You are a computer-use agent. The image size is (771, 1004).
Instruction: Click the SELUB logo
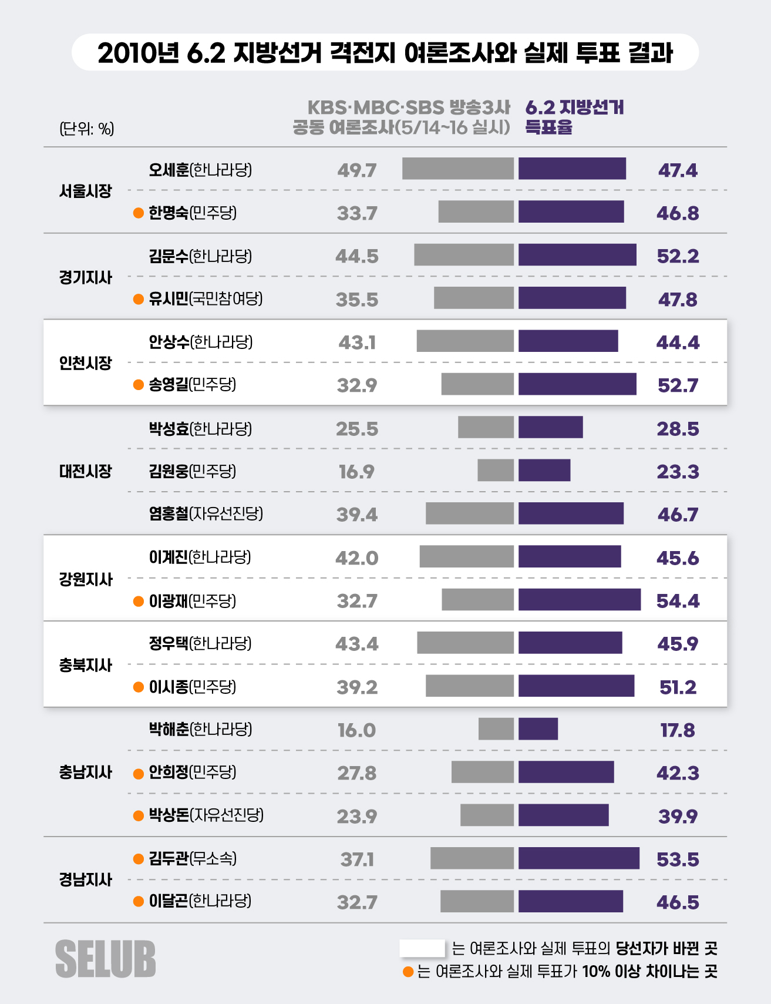[106, 959]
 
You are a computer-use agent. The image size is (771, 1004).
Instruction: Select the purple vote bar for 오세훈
[572, 169]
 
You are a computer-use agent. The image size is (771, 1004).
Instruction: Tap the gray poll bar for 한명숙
[476, 211]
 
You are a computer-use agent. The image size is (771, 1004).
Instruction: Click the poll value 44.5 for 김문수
[357, 256]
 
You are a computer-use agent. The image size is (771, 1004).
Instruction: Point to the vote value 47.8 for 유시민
[678, 299]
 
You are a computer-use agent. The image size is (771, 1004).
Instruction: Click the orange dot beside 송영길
[139, 385]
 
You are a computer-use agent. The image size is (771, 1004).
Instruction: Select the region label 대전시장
[85, 471]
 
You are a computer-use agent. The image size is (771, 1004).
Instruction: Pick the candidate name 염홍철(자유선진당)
[206, 514]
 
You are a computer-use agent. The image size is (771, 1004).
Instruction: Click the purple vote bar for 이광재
[579, 600]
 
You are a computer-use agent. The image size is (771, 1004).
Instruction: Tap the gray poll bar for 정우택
[465, 643]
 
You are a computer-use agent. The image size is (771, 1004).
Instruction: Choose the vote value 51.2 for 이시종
[678, 687]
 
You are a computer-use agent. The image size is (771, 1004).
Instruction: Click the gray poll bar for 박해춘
[496, 729]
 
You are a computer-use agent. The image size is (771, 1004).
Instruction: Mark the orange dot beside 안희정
[139, 774]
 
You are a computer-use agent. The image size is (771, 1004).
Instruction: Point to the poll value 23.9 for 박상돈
[357, 816]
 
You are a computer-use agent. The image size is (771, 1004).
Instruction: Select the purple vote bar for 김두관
[578, 858]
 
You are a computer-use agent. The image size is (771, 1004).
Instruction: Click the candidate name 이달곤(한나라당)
[200, 901]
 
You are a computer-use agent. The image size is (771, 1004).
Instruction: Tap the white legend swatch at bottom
[422, 948]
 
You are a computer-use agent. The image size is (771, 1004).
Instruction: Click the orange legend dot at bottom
[408, 972]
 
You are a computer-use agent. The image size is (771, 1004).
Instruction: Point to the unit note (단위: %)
[87, 129]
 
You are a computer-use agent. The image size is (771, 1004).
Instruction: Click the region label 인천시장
[85, 363]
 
